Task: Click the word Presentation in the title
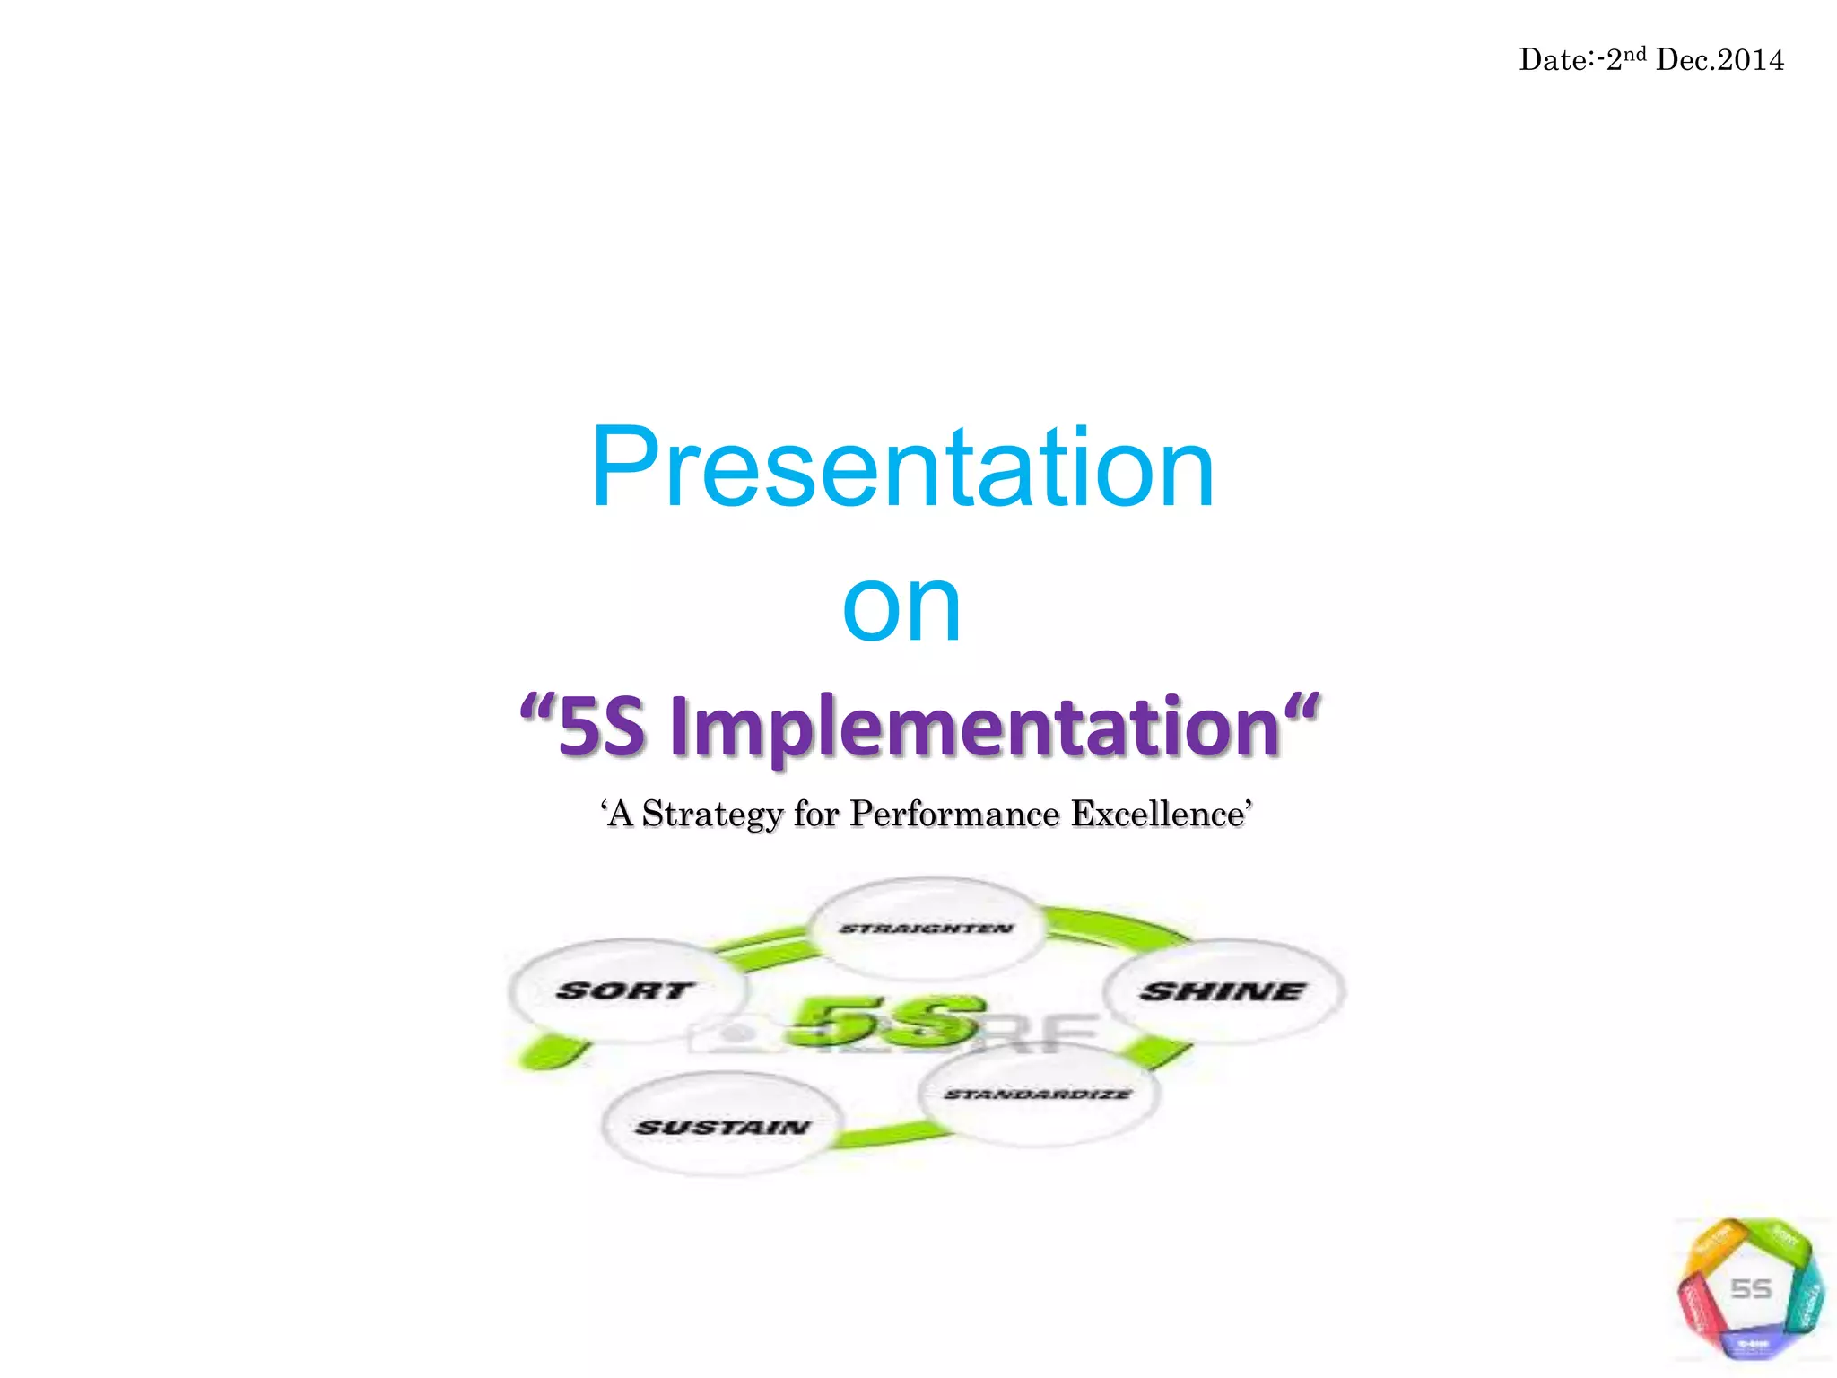tap(902, 468)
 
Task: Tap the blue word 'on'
tap(901, 607)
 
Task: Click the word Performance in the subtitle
tap(954, 814)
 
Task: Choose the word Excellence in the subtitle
tap(1158, 814)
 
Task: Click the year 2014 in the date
tap(1751, 60)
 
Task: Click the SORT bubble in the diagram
tap(626, 990)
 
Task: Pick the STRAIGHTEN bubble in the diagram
tap(927, 929)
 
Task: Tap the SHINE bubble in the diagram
tap(1223, 991)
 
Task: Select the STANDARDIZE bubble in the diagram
tap(1039, 1095)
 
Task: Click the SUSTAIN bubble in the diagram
tap(722, 1126)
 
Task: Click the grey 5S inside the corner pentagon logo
tap(1750, 1289)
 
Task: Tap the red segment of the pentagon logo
tap(1695, 1306)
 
